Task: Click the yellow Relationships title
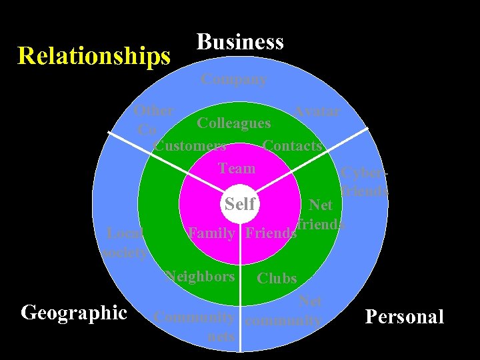pyautogui.click(x=94, y=56)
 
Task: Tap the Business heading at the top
pyautogui.click(x=240, y=42)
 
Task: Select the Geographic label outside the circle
pyautogui.click(x=74, y=312)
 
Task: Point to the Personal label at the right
pyautogui.click(x=405, y=316)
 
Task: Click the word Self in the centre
pyautogui.click(x=240, y=203)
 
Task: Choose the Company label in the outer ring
pyautogui.click(x=234, y=79)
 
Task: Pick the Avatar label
pyautogui.click(x=317, y=111)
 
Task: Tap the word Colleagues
pyautogui.click(x=234, y=123)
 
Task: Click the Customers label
pyautogui.click(x=189, y=145)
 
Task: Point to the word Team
pyautogui.click(x=237, y=169)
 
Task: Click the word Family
pyautogui.click(x=211, y=233)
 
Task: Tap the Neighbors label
pyautogui.click(x=200, y=276)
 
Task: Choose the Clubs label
pyautogui.click(x=277, y=279)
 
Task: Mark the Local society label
pyautogui.click(x=125, y=243)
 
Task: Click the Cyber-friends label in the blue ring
pyautogui.click(x=364, y=181)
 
